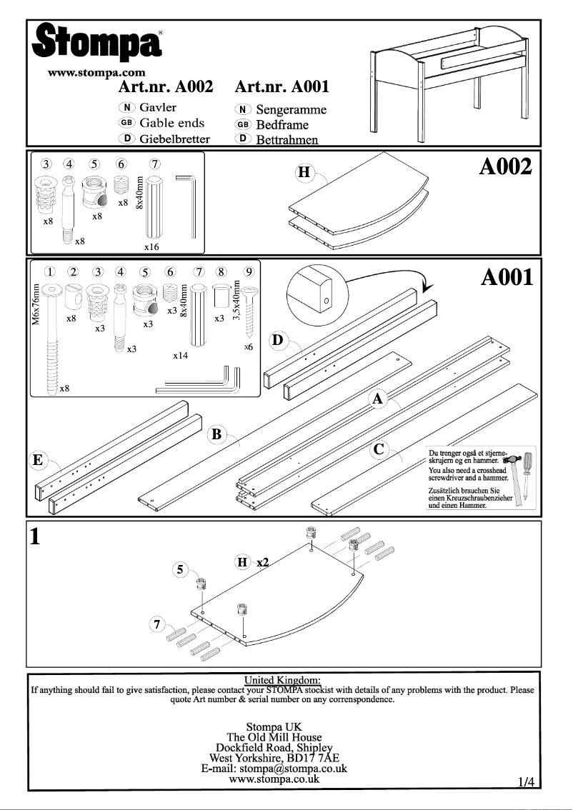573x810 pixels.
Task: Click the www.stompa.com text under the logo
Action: coord(96,72)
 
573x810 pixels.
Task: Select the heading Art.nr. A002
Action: coord(166,87)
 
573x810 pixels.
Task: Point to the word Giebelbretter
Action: coord(174,139)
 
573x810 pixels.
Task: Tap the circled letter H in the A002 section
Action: coord(304,173)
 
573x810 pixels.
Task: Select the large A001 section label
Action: coord(507,277)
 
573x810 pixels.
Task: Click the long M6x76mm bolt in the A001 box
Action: coord(53,336)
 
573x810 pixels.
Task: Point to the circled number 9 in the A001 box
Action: coord(248,271)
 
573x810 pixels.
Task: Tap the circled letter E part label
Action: coord(36,460)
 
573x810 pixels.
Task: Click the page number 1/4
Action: coord(527,781)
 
